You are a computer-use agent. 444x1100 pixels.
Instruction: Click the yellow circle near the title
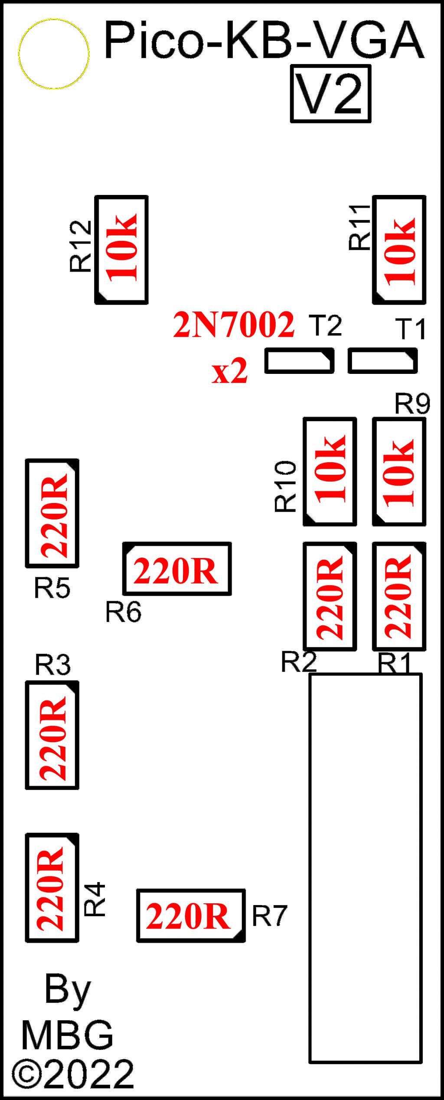(54, 54)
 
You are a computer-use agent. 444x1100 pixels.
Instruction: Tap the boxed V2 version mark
(330, 94)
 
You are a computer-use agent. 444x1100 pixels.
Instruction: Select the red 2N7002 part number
(234, 325)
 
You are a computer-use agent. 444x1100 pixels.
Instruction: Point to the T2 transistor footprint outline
(299, 361)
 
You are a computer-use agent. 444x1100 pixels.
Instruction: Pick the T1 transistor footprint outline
(382, 361)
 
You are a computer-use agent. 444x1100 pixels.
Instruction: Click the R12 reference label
(81, 246)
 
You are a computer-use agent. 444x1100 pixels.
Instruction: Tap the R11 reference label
(360, 227)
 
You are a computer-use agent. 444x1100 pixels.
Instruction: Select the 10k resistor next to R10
(330, 471)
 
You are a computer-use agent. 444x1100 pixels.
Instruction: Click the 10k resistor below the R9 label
(399, 471)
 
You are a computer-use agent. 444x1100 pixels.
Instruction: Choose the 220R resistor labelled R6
(176, 568)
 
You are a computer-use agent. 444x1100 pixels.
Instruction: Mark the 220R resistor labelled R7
(191, 916)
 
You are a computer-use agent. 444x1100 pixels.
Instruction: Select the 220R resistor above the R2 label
(330, 596)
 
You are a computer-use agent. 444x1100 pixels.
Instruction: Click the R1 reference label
(394, 663)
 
